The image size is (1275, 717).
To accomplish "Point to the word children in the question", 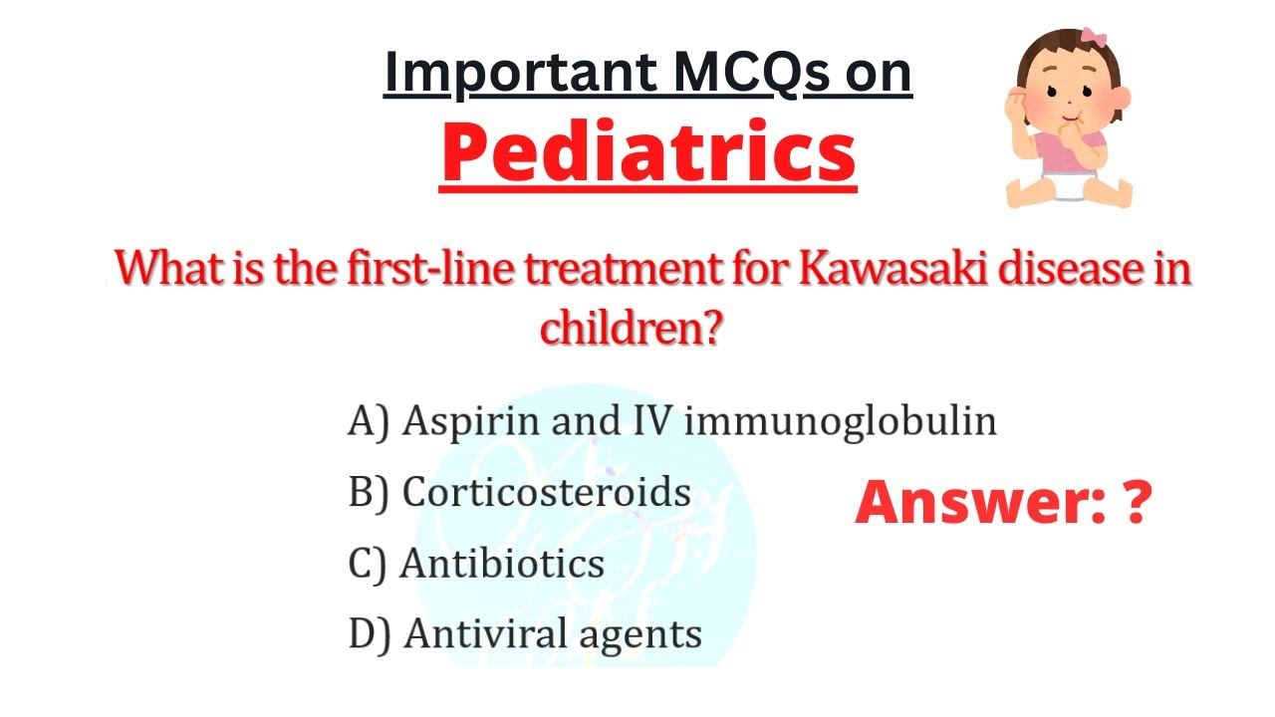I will (630, 328).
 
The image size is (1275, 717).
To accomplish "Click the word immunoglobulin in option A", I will (841, 421).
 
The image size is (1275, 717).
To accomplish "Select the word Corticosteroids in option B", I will (546, 492).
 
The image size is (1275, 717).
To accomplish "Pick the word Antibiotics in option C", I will (502, 564).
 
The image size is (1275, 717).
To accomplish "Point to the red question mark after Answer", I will (1136, 504).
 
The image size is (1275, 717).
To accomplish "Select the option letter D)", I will (371, 634).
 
